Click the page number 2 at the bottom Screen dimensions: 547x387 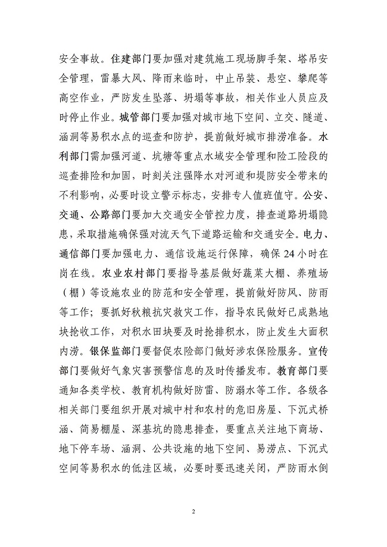[193, 511]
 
